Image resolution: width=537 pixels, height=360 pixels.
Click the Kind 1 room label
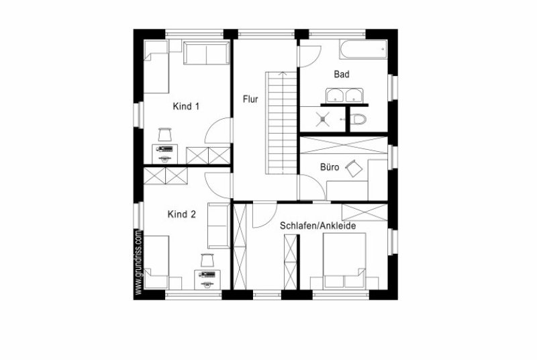click(x=186, y=106)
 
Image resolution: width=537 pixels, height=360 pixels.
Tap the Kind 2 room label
click(x=181, y=214)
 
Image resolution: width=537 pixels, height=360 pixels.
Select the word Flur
click(x=250, y=99)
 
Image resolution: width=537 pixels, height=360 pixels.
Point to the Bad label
click(x=342, y=74)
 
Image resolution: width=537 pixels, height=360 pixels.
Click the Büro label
click(x=330, y=167)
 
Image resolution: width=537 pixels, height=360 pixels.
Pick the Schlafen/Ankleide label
click(x=318, y=226)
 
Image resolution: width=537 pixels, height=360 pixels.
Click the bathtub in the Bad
click(x=363, y=50)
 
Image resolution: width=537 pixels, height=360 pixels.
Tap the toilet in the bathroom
click(x=358, y=119)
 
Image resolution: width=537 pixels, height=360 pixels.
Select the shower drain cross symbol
click(x=323, y=119)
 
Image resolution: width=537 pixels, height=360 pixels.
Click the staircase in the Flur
click(x=281, y=123)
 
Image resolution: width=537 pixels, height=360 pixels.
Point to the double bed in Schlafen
click(x=344, y=261)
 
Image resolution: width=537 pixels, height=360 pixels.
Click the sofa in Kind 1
click(x=207, y=53)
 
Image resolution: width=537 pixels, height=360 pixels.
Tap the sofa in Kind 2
click(x=219, y=226)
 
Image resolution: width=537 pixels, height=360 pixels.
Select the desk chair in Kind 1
click(x=165, y=134)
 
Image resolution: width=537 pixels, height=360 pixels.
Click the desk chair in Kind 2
click(x=207, y=261)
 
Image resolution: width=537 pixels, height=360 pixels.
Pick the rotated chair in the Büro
click(x=354, y=168)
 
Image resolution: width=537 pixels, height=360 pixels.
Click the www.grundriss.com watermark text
click(x=138, y=262)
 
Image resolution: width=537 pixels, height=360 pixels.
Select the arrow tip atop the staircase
click(x=283, y=73)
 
